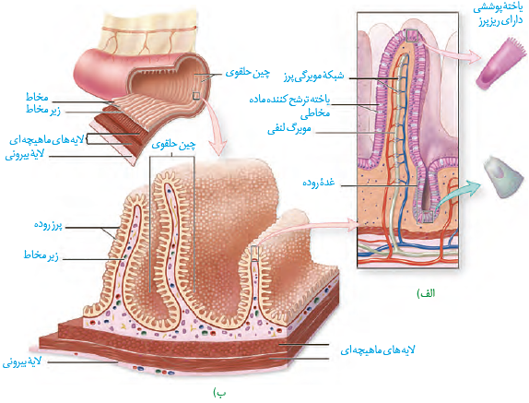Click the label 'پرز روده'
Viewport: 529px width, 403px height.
point(48,225)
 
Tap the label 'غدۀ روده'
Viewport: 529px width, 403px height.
point(319,183)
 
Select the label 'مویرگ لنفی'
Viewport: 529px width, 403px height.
point(289,129)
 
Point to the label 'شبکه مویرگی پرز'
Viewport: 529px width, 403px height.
point(313,77)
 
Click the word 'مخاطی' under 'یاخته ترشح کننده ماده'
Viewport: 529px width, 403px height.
point(315,113)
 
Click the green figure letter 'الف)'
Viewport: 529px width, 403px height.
point(427,293)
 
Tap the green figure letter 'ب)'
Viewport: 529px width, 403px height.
point(219,393)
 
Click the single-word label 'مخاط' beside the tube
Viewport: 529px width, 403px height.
point(37,97)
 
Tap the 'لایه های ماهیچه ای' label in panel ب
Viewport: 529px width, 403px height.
point(378,350)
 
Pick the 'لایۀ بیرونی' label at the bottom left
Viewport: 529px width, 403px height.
point(22,362)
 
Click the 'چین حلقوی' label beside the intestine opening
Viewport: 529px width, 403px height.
point(248,73)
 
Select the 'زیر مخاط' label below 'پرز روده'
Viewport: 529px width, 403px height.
point(41,255)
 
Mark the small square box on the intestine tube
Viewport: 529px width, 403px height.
point(196,97)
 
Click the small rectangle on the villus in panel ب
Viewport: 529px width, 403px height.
point(255,254)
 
